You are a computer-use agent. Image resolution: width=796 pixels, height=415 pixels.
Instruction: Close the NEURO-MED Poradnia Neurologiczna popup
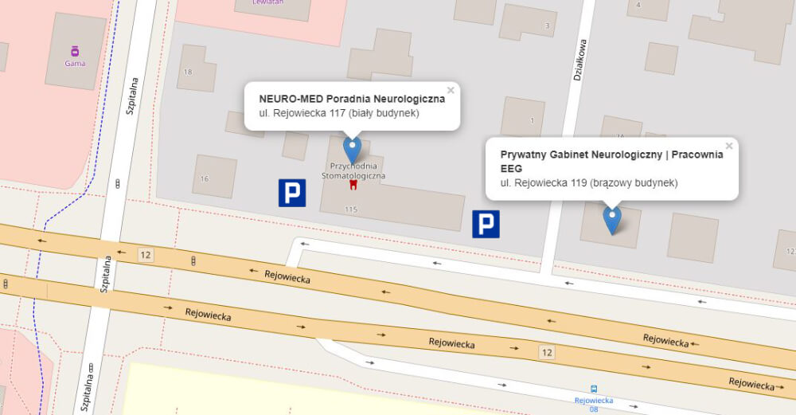[451, 90]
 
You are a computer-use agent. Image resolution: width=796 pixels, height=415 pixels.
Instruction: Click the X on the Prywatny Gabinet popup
[729, 146]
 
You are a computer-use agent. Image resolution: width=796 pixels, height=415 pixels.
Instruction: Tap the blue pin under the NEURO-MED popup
[352, 150]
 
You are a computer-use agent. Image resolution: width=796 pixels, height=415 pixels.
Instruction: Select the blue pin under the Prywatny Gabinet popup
[611, 219]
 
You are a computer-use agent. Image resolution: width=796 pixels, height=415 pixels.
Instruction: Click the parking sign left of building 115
[292, 193]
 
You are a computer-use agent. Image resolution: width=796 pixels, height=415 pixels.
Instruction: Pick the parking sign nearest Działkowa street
[486, 224]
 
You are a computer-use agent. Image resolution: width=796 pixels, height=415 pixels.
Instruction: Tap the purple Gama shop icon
[75, 51]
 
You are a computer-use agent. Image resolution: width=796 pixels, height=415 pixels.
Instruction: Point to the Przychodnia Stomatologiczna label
[353, 170]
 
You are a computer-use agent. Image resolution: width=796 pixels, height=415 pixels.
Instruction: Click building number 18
[188, 72]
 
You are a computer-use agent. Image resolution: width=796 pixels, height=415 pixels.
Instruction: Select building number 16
[205, 178]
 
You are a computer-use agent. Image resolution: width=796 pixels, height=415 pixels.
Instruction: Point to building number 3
[547, 25]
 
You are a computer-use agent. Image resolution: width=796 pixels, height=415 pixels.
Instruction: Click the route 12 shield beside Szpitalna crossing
[145, 254]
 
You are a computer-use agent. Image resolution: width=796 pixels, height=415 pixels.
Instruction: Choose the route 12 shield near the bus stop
[546, 351]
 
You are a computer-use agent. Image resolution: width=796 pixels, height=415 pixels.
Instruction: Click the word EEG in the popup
[511, 169]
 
